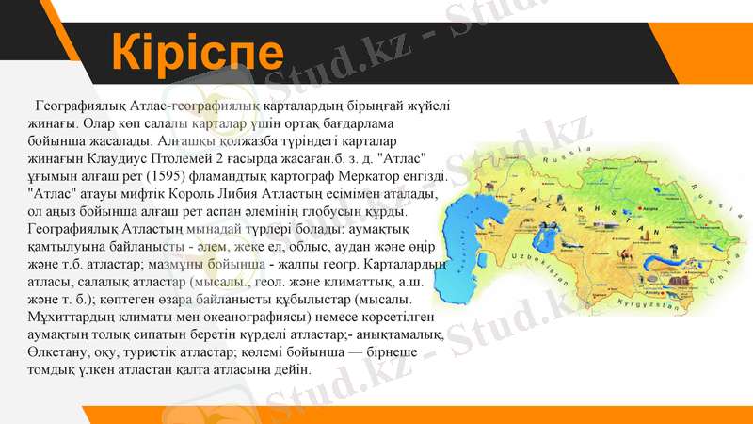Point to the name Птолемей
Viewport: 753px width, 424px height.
[193, 158]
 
